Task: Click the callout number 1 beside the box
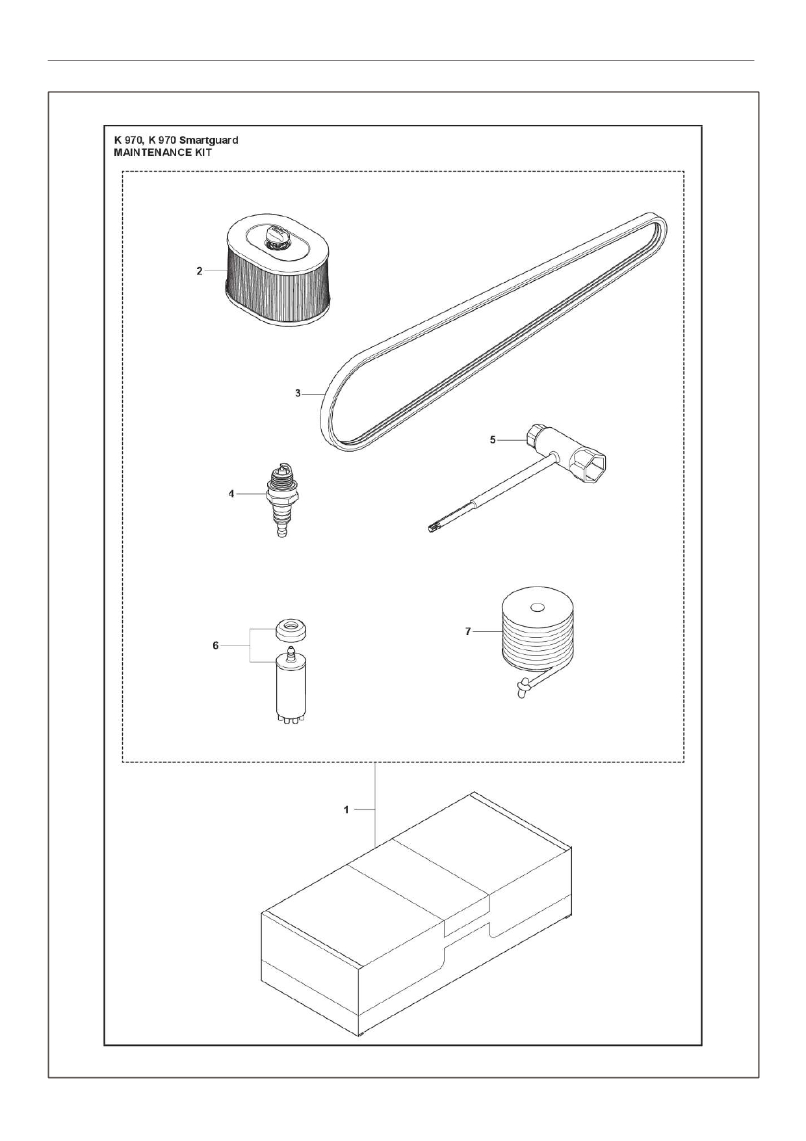tap(346, 810)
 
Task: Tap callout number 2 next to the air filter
tap(200, 271)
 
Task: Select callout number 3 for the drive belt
tap(298, 393)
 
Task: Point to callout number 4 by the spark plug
tap(231, 494)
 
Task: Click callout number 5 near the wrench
tap(493, 440)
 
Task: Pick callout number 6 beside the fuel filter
tap(216, 645)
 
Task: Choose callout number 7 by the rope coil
tap(468, 631)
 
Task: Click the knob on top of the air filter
tap(276, 235)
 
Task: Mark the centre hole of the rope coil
tap(536, 608)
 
